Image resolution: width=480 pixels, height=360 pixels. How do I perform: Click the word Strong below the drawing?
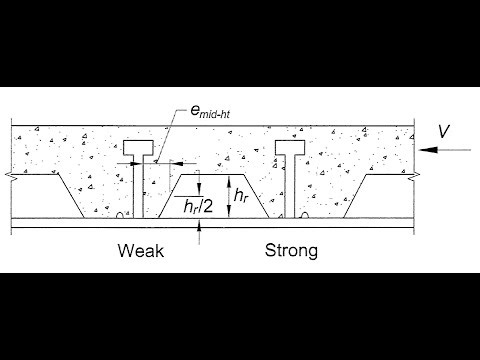pyautogui.click(x=291, y=250)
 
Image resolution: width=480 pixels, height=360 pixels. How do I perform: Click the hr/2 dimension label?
pyautogui.click(x=206, y=205)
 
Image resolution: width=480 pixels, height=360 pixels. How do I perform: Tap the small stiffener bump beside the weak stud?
pyautogui.click(x=119, y=214)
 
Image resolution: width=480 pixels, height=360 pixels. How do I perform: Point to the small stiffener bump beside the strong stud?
pyautogui.click(x=304, y=214)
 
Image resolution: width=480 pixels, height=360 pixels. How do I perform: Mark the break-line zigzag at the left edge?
pyautogui.click(x=11, y=173)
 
